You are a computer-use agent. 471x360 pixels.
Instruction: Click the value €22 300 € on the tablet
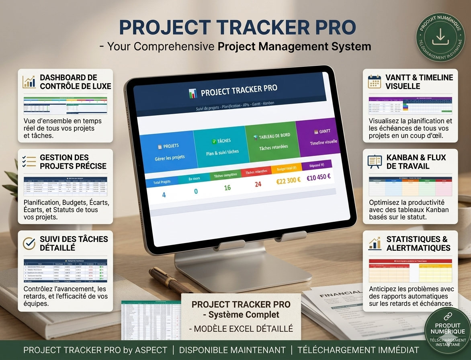[x=288, y=181]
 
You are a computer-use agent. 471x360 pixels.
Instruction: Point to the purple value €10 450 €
[x=318, y=177]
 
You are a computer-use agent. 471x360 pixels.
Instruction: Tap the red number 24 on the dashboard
[x=258, y=184]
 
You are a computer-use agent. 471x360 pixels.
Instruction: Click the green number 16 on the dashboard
[x=227, y=188]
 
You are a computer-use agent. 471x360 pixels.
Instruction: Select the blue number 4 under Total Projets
[x=164, y=195]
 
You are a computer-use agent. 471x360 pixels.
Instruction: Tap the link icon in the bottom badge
[x=448, y=316]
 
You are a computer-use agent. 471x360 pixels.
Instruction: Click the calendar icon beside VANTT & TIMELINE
[x=374, y=82]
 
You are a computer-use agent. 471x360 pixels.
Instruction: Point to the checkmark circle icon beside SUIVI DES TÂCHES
[x=29, y=243]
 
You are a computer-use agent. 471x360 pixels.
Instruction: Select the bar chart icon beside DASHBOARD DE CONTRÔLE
[x=29, y=82]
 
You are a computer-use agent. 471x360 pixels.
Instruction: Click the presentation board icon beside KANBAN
[x=375, y=162]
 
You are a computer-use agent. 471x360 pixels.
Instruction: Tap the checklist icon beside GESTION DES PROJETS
[x=29, y=162]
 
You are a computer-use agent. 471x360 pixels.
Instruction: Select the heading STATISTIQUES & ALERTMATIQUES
[x=418, y=243]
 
